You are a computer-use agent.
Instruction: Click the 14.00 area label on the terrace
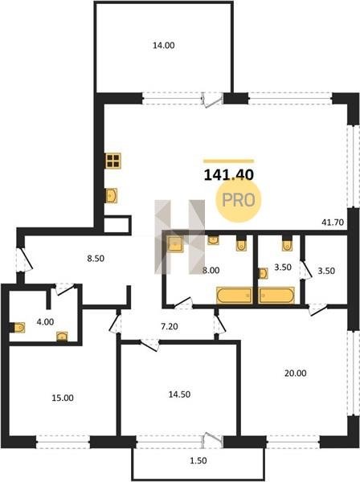pos(164,46)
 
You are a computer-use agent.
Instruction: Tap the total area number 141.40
pos(229,175)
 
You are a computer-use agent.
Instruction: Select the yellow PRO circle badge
pos(238,200)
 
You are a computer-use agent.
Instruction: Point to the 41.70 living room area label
pos(333,222)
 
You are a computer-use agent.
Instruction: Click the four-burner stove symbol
pos(112,161)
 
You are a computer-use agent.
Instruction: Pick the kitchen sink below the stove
pos(111,195)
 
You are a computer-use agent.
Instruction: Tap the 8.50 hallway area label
pos(96,259)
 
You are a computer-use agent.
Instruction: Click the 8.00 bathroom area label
pos(211,271)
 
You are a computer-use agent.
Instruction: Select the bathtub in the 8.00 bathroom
pos(235,296)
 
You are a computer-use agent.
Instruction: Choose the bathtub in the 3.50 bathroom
pos(276,296)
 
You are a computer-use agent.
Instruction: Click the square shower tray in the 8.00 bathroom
pos(175,244)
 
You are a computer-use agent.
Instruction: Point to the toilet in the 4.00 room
pos(18,328)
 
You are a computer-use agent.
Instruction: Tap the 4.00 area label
pos(45,322)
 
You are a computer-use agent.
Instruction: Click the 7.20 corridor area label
pos(170,326)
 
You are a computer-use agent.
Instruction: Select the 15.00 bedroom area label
pos(63,398)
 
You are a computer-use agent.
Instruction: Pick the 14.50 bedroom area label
pos(179,394)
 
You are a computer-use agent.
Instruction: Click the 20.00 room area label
pos(296,374)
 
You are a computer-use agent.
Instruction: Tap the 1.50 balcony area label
pos(198,461)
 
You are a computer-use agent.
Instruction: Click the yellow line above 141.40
pos(229,161)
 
